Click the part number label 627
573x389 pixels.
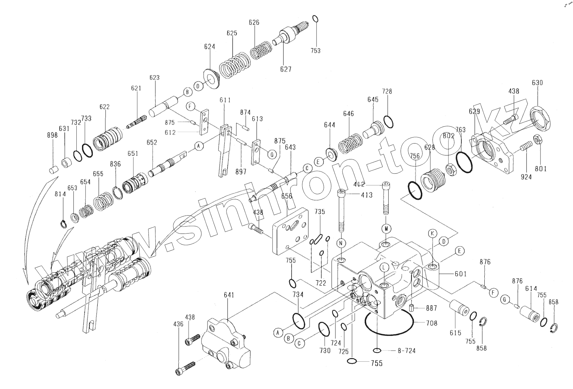(285, 69)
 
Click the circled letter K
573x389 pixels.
(432, 234)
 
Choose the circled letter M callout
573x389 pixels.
(386, 229)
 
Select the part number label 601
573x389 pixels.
(461, 274)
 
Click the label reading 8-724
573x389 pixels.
(406, 351)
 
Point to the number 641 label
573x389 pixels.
(229, 295)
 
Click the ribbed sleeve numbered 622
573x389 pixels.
(107, 139)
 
